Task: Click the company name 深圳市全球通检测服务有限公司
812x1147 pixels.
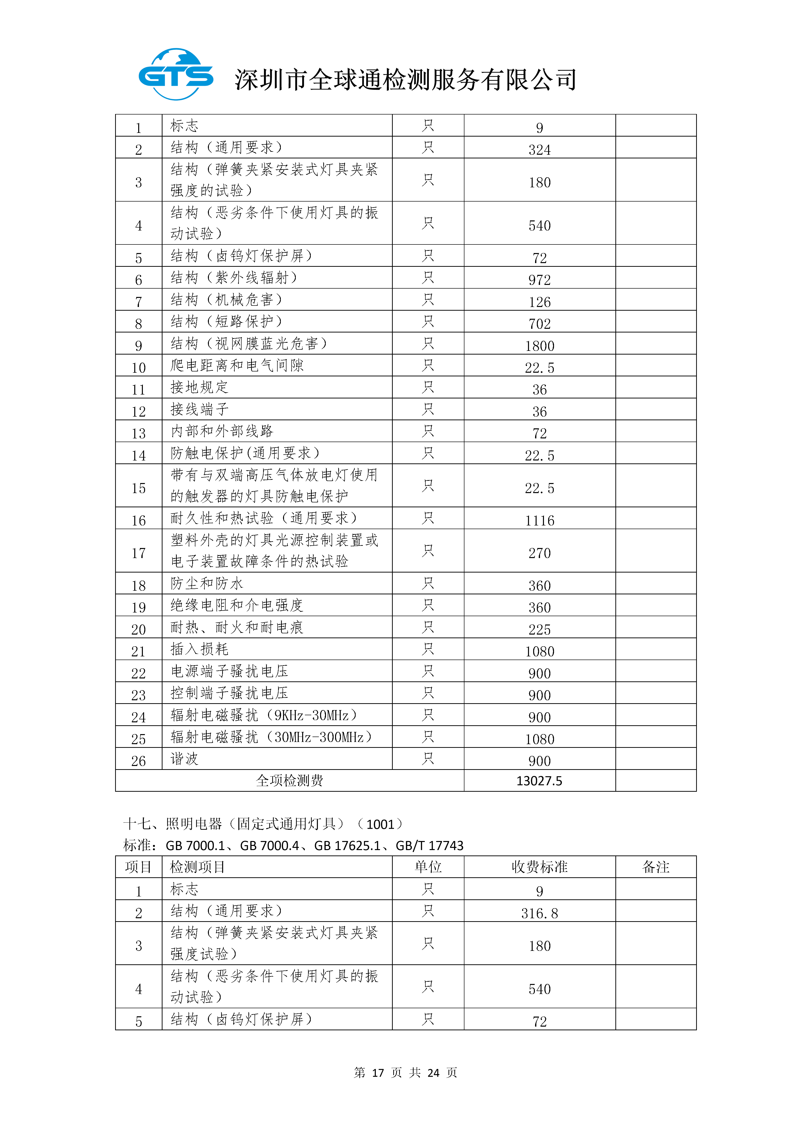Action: pos(406,80)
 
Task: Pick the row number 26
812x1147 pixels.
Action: pos(138,761)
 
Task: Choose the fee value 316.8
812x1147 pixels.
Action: pos(540,913)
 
